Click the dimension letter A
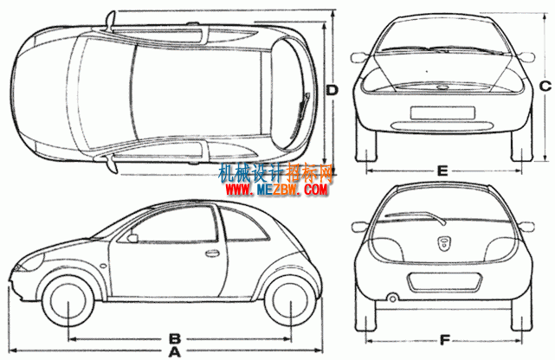point(174,352)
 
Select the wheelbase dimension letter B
point(175,338)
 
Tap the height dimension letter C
point(545,86)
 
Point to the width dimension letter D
point(332,91)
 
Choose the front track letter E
point(442,171)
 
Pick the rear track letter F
point(444,341)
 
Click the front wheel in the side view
point(68,300)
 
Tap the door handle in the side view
point(211,253)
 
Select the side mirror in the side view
point(132,238)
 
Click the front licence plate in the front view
point(442,112)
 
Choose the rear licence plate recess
point(444,283)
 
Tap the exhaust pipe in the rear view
point(392,299)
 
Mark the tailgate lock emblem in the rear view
point(442,244)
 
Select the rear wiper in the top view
point(300,116)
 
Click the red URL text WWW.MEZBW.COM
point(276,190)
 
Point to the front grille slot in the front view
point(442,125)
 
